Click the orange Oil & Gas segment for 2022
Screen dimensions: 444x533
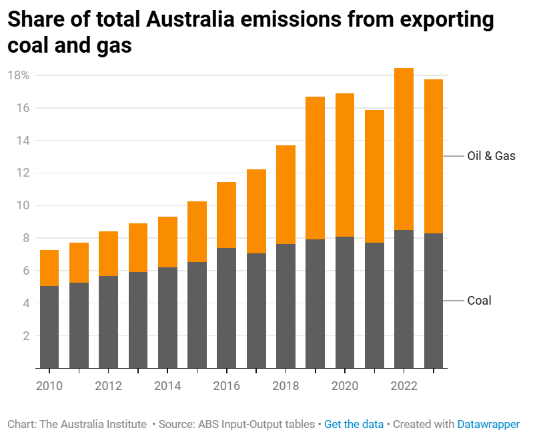[x=404, y=149]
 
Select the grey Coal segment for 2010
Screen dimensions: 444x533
[x=49, y=327]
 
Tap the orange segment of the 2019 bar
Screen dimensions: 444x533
[x=315, y=168]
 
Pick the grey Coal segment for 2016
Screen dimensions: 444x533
[x=226, y=307]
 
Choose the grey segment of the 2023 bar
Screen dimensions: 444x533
[x=434, y=300]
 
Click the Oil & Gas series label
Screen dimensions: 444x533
[x=492, y=156]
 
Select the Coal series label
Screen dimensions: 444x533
[x=479, y=301]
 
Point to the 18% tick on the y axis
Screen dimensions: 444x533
[x=18, y=75]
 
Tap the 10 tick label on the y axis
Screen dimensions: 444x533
[x=23, y=205]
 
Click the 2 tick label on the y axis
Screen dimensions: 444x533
[x=26, y=336]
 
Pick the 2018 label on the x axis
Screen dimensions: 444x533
[x=286, y=385]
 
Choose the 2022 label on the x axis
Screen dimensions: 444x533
[x=404, y=385]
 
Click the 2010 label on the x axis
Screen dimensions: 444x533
[x=49, y=385]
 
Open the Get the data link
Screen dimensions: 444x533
[x=354, y=424]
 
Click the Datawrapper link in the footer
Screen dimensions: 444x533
[x=488, y=424]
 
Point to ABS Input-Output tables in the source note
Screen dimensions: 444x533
[x=260, y=424]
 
